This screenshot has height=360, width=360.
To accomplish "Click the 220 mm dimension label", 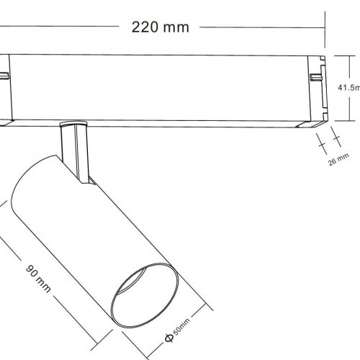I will [x=161, y=28].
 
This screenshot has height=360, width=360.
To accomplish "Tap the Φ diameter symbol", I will [x=167, y=337].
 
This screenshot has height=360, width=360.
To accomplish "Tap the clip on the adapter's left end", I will [x=4, y=75].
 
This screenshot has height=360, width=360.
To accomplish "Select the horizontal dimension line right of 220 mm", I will [x=259, y=28].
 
